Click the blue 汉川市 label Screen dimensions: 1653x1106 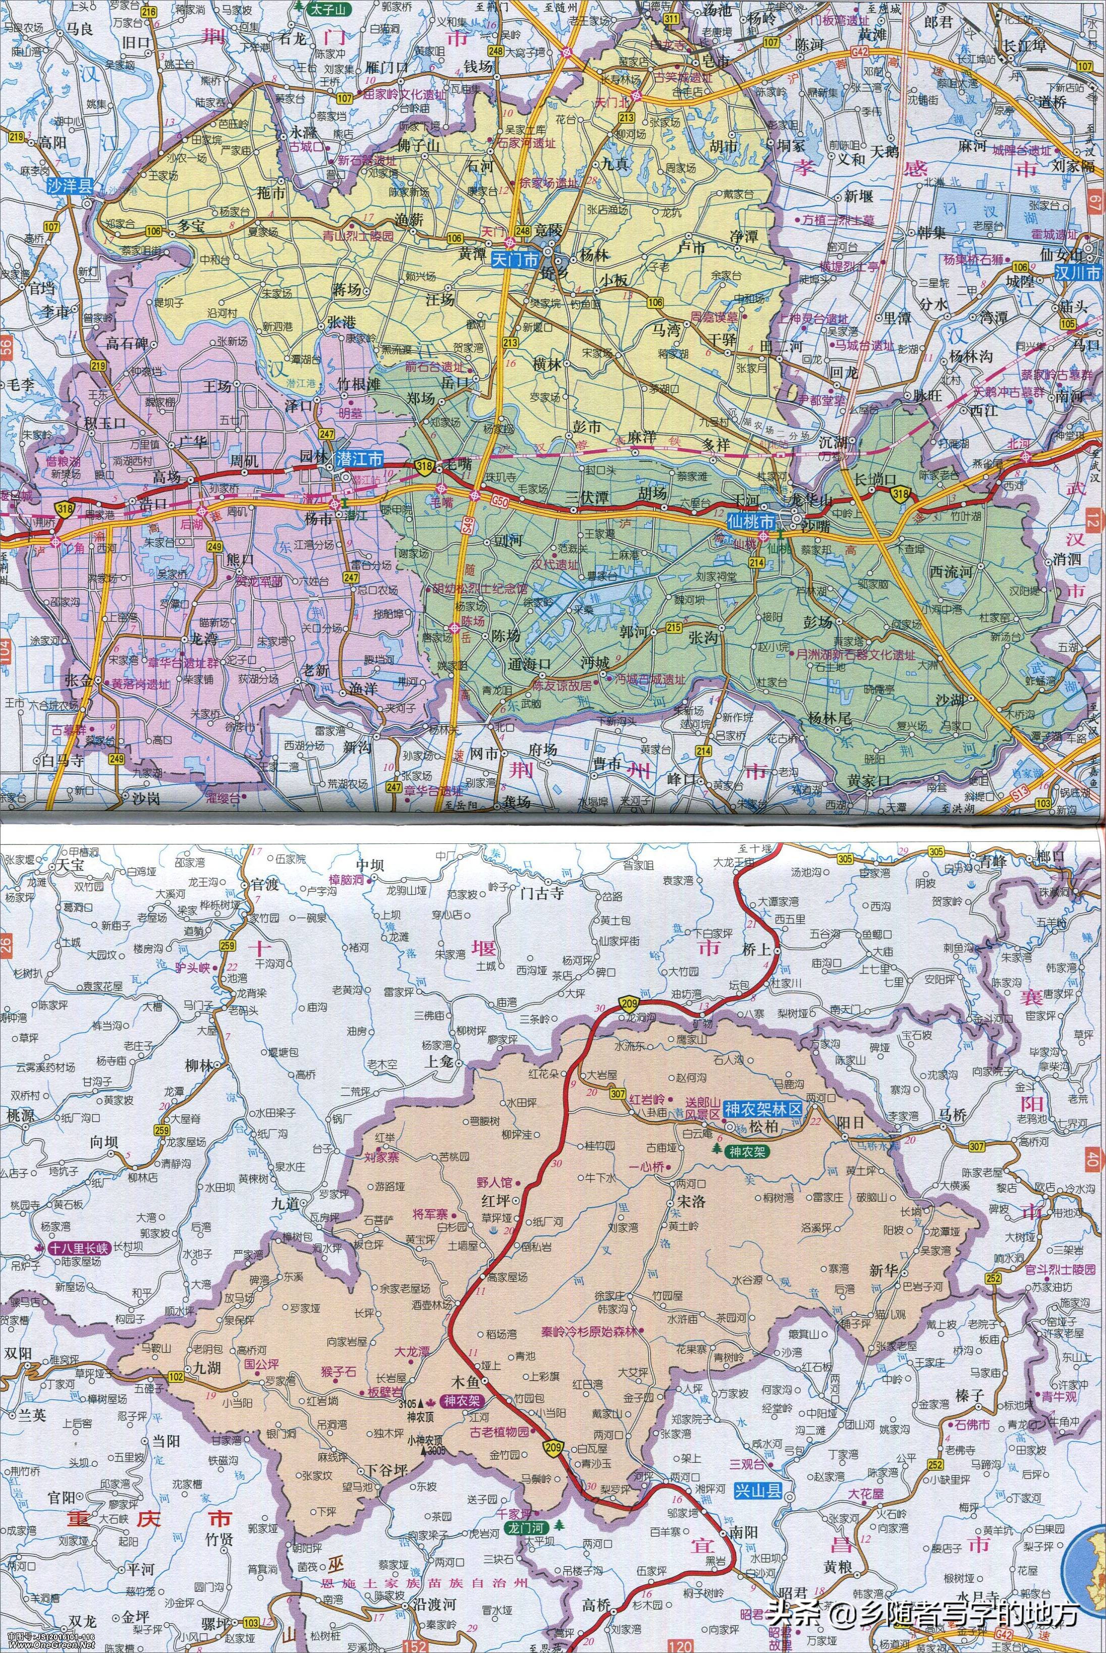coord(1078,273)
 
